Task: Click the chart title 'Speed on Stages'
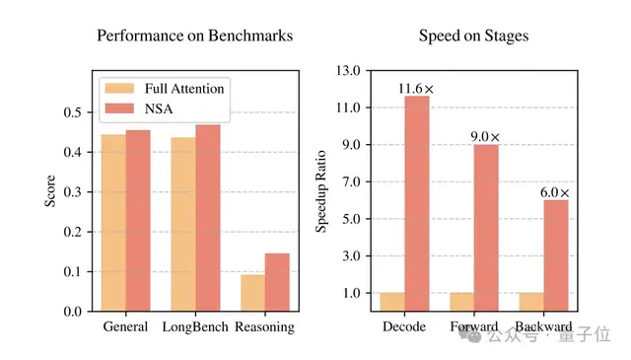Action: click(473, 36)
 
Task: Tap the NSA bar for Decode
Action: click(416, 203)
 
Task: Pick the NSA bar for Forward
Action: click(486, 228)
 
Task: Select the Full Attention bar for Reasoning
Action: click(253, 293)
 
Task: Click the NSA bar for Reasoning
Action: click(277, 282)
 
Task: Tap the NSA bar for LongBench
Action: click(208, 218)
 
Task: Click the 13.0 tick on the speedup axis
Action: click(348, 71)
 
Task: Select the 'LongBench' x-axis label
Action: click(195, 326)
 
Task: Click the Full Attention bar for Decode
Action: click(392, 302)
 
